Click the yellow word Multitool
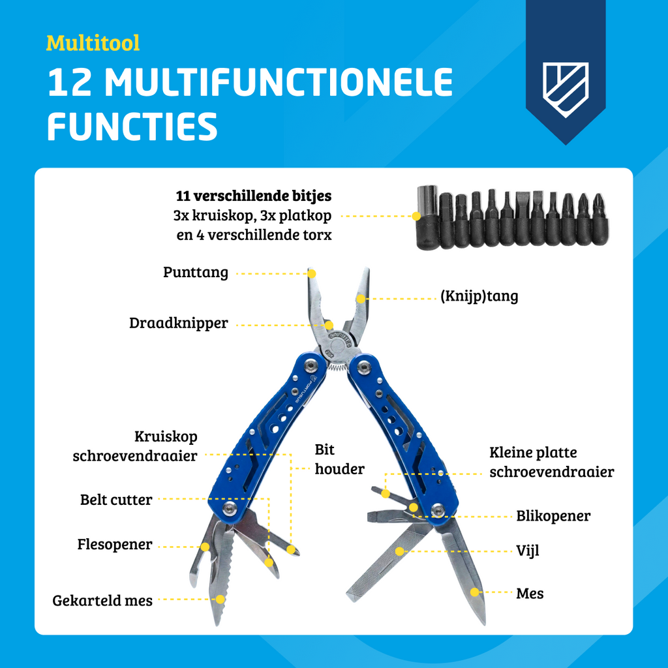[x=93, y=43]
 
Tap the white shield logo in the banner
[x=566, y=89]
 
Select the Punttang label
[x=196, y=272]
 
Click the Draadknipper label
[x=179, y=323]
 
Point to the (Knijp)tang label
[x=479, y=296]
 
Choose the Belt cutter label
[x=116, y=499]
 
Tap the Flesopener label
[x=115, y=545]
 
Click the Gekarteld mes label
[x=102, y=600]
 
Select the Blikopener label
[x=553, y=516]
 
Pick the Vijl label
[x=527, y=551]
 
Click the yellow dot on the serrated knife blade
[x=220, y=600]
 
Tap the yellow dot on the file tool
[x=399, y=551]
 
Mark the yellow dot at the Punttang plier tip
[x=311, y=273]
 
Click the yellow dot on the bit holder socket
[x=416, y=217]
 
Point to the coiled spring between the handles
[x=337, y=367]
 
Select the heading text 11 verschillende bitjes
[x=254, y=196]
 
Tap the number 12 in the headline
[x=70, y=82]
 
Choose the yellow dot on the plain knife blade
[x=474, y=592]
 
